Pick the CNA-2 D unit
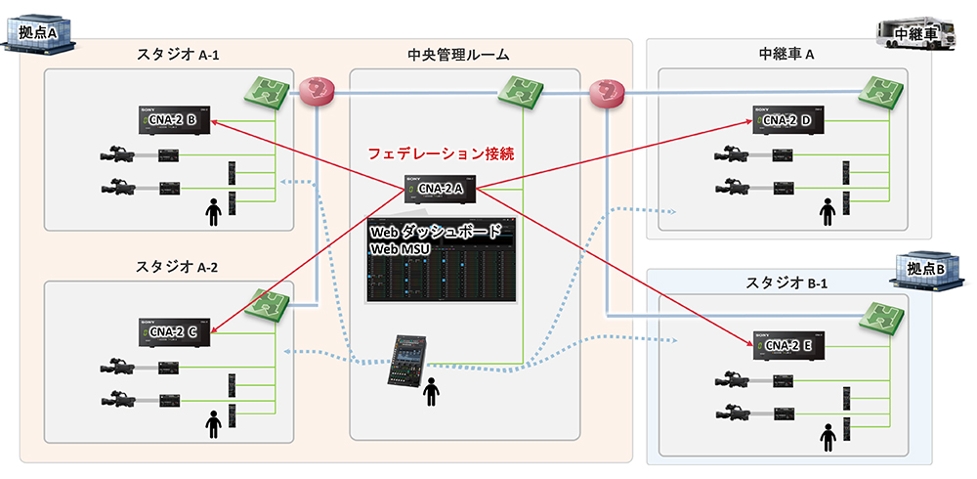[x=786, y=119]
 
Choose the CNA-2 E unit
[x=786, y=345]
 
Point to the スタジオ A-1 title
[x=178, y=55]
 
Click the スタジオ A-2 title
[x=178, y=267]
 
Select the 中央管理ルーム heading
[x=458, y=55]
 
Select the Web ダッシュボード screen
[x=440, y=259]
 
